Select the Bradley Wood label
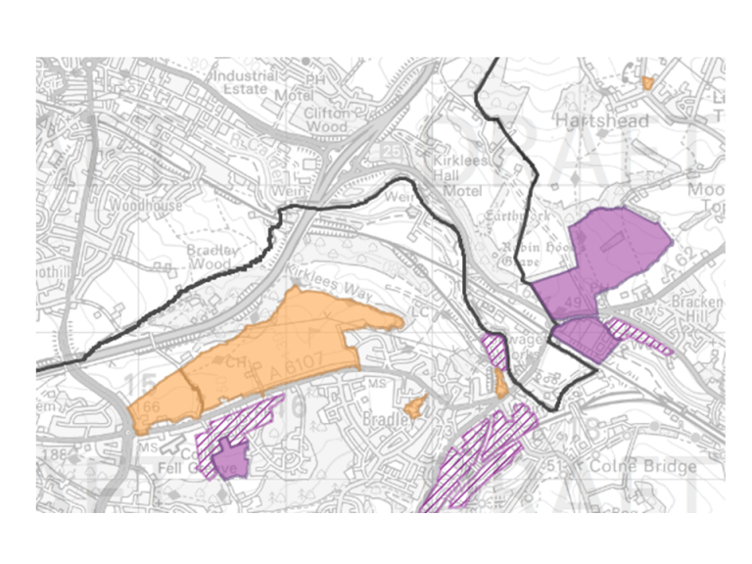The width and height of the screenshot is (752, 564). (212, 257)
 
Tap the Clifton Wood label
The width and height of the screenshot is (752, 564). (327, 119)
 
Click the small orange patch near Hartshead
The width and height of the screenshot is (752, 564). (647, 83)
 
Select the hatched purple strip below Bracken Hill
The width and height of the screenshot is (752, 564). (642, 336)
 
